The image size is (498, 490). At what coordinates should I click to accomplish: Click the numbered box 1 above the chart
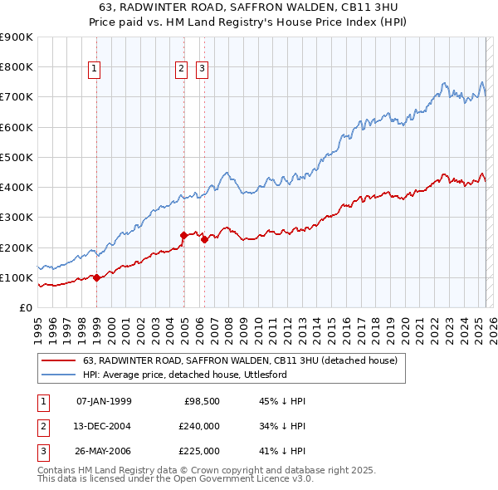(x=96, y=70)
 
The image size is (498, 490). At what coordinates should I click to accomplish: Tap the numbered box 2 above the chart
(x=181, y=70)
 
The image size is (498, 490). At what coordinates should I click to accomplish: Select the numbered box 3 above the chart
(x=203, y=70)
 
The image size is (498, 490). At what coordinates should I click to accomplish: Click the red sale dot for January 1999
(x=96, y=277)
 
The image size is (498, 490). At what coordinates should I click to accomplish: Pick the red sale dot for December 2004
(x=183, y=235)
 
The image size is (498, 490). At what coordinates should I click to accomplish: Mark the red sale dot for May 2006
(x=204, y=239)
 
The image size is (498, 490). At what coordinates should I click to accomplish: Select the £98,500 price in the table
(x=202, y=401)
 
